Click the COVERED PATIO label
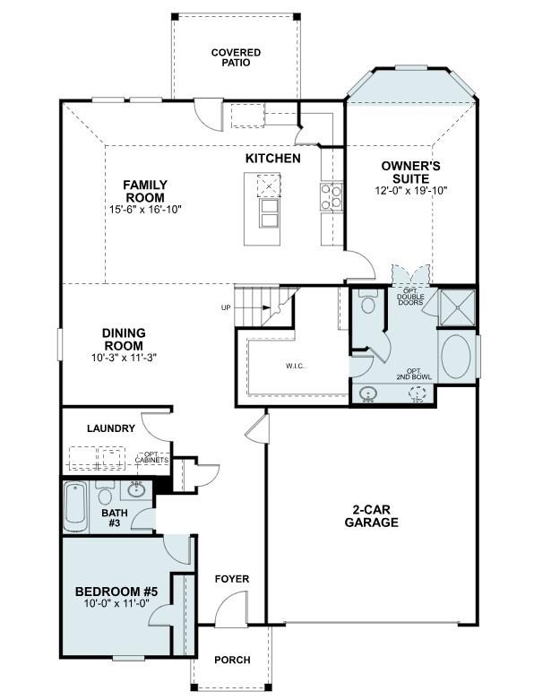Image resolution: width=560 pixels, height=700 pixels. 236,58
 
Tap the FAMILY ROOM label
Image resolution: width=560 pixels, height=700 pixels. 144,191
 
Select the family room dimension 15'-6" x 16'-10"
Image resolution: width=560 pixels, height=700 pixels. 145,210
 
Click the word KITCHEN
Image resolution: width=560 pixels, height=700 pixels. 272,159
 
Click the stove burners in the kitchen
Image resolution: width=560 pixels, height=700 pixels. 331,195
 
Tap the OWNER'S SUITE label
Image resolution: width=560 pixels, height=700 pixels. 410,171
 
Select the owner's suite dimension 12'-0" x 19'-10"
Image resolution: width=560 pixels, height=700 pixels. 410,190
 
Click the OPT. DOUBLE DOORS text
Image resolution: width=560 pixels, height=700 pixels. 410,298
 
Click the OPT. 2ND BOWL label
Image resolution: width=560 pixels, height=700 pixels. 414,374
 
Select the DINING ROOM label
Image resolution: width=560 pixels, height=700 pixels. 124,340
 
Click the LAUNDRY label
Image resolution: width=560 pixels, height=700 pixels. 111,428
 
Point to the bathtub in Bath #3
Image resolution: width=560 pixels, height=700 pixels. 75,506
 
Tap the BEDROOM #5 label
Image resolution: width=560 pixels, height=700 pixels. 116,592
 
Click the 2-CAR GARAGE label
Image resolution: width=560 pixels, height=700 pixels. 369,516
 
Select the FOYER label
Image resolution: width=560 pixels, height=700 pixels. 232,579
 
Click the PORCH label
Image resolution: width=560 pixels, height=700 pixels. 232,661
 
